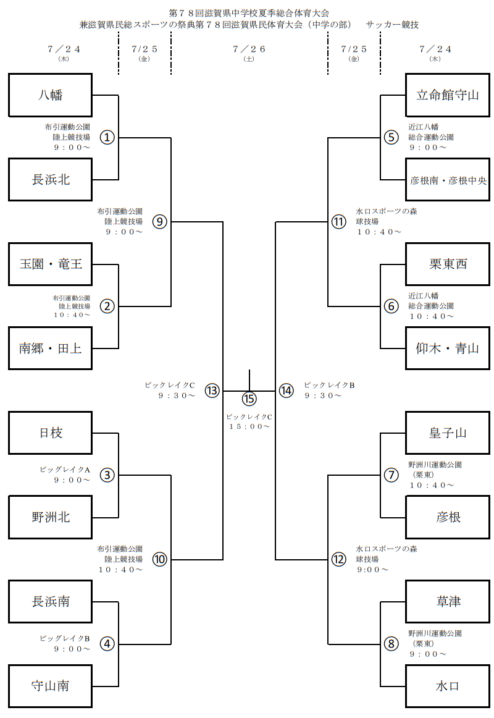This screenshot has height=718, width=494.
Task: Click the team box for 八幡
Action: (x=51, y=95)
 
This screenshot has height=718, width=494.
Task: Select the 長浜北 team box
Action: (x=51, y=180)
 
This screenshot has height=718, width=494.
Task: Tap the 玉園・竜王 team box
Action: (x=51, y=264)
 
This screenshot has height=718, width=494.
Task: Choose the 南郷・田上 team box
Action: (x=51, y=348)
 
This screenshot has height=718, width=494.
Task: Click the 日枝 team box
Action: (x=51, y=433)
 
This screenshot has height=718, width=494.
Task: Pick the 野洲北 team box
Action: (x=51, y=517)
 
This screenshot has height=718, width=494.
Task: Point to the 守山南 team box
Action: (x=51, y=686)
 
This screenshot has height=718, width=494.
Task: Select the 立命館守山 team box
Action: (x=448, y=95)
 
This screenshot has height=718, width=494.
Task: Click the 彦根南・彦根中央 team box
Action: (x=448, y=180)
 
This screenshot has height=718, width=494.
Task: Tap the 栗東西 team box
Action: (x=448, y=264)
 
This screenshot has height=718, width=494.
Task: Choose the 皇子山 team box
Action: (x=448, y=433)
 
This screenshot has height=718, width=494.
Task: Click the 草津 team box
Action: (x=448, y=602)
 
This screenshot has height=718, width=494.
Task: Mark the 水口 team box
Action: (x=448, y=686)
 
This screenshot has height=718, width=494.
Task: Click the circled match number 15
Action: (x=249, y=399)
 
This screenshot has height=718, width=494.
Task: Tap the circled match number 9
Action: (x=160, y=221)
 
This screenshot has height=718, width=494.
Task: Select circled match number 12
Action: (x=338, y=559)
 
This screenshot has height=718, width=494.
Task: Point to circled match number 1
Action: (x=107, y=137)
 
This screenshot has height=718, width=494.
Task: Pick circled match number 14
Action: (x=285, y=391)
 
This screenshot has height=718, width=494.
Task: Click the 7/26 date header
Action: (x=249, y=49)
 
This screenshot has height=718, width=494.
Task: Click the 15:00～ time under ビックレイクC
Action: (x=249, y=426)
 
